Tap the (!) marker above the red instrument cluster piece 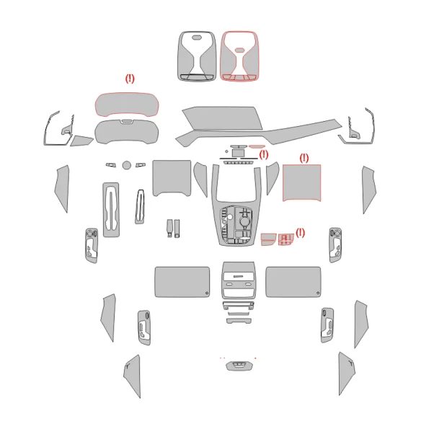(x=130, y=79)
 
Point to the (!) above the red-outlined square (x=303, y=157)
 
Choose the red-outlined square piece (x=302, y=182)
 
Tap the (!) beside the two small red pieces (x=300, y=232)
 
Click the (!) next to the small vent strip (x=264, y=154)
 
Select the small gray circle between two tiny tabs (x=127, y=165)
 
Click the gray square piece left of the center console (x=171, y=178)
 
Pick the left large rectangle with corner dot (x=182, y=281)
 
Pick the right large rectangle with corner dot (x=293, y=281)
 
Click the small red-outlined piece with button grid (x=285, y=239)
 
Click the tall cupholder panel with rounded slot (x=113, y=209)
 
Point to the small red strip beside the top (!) (x=257, y=147)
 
